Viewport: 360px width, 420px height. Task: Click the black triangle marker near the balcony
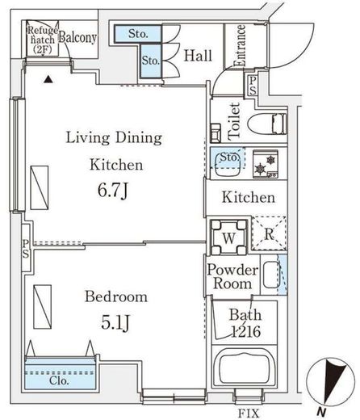coord(48,79)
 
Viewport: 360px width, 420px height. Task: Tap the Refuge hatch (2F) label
coord(43,40)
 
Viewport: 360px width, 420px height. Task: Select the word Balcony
coord(77,37)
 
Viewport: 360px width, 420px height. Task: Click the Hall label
coord(198,56)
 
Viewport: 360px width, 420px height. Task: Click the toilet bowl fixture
coord(266,124)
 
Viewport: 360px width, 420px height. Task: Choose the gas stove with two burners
coord(266,164)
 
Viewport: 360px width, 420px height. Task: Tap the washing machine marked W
coord(228,237)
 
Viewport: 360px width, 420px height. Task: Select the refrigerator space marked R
coord(269,233)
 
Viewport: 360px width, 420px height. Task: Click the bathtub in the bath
coord(245,367)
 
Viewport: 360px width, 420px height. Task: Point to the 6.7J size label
coord(113,191)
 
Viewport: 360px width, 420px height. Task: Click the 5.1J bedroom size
coord(116,322)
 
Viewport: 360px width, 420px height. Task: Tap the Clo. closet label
coord(59,380)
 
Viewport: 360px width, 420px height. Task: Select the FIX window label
coord(249,413)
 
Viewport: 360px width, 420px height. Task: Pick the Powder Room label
coord(232,276)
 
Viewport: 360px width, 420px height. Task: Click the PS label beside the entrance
coord(252,86)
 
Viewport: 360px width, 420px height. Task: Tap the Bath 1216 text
coord(245,323)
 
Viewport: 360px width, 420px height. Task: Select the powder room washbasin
coord(270,275)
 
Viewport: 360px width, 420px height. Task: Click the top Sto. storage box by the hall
coord(138,34)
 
